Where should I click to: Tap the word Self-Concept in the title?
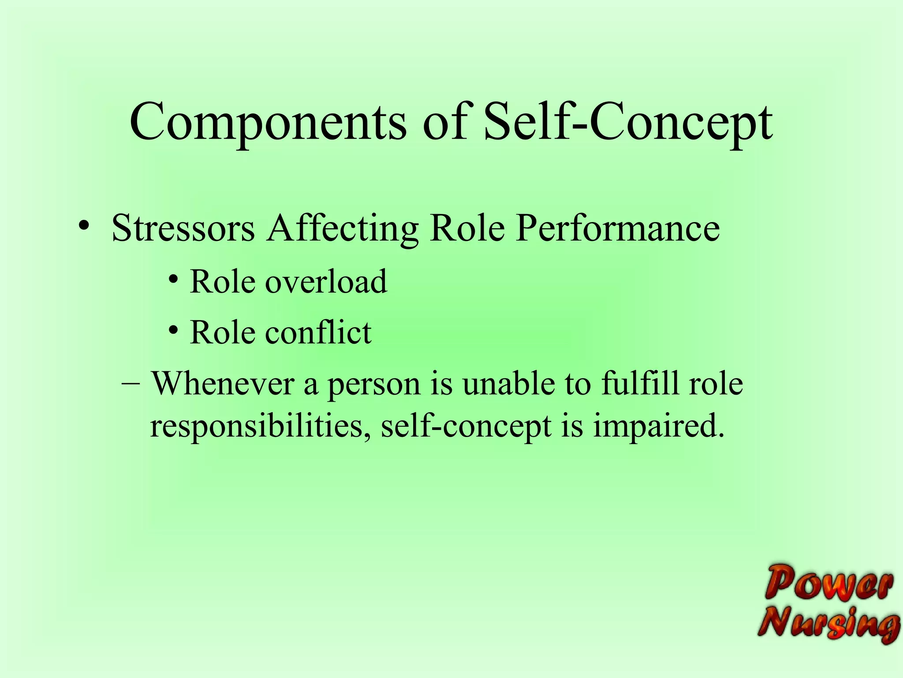628,123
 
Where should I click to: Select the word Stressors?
183,229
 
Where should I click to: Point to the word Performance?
618,229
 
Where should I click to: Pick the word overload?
326,282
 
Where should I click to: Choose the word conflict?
318,332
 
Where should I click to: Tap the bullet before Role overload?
174,279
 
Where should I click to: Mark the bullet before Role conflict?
174,330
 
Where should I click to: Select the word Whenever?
223,383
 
